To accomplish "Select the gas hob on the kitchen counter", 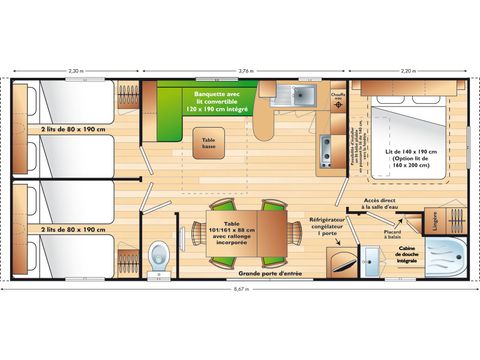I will pyautogui.click(x=325, y=150).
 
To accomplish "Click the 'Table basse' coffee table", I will pyautogui.click(x=210, y=144).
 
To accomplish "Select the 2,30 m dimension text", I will pyautogui.click(x=75, y=72).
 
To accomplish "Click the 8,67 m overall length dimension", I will pyautogui.click(x=240, y=288).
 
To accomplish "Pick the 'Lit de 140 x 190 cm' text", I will pyautogui.click(x=412, y=154).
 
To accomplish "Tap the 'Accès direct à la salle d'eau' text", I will pyautogui.click(x=382, y=203).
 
